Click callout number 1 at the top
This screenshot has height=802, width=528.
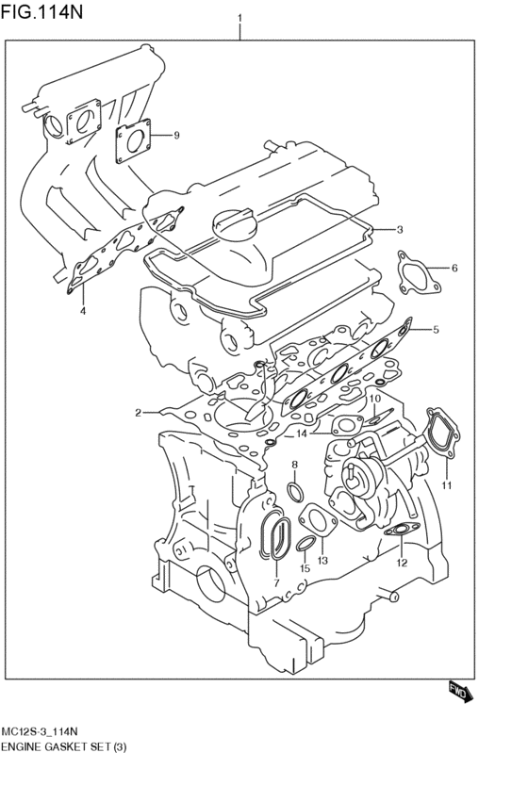tap(240, 18)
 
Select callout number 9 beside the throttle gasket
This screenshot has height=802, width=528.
tap(175, 136)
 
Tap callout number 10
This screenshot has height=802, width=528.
tap(374, 399)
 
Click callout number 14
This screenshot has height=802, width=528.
tap(302, 434)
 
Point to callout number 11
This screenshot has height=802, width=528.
tap(447, 485)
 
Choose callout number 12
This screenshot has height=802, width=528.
tap(401, 564)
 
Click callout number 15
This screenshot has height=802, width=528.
tap(305, 569)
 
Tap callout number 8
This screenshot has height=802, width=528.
tap(294, 465)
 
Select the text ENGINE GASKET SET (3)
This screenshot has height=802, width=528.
tap(64, 747)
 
